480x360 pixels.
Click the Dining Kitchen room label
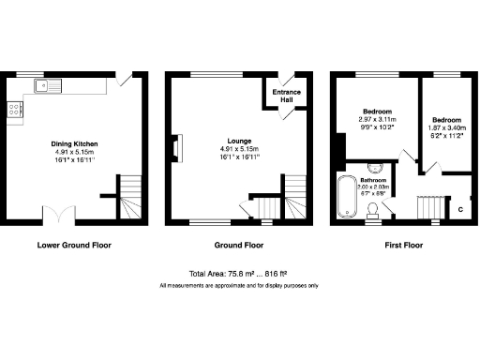pyautogui.click(x=74, y=144)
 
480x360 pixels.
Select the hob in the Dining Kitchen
pyautogui.click(x=16, y=111)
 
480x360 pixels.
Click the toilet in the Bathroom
pyautogui.click(x=373, y=207)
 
